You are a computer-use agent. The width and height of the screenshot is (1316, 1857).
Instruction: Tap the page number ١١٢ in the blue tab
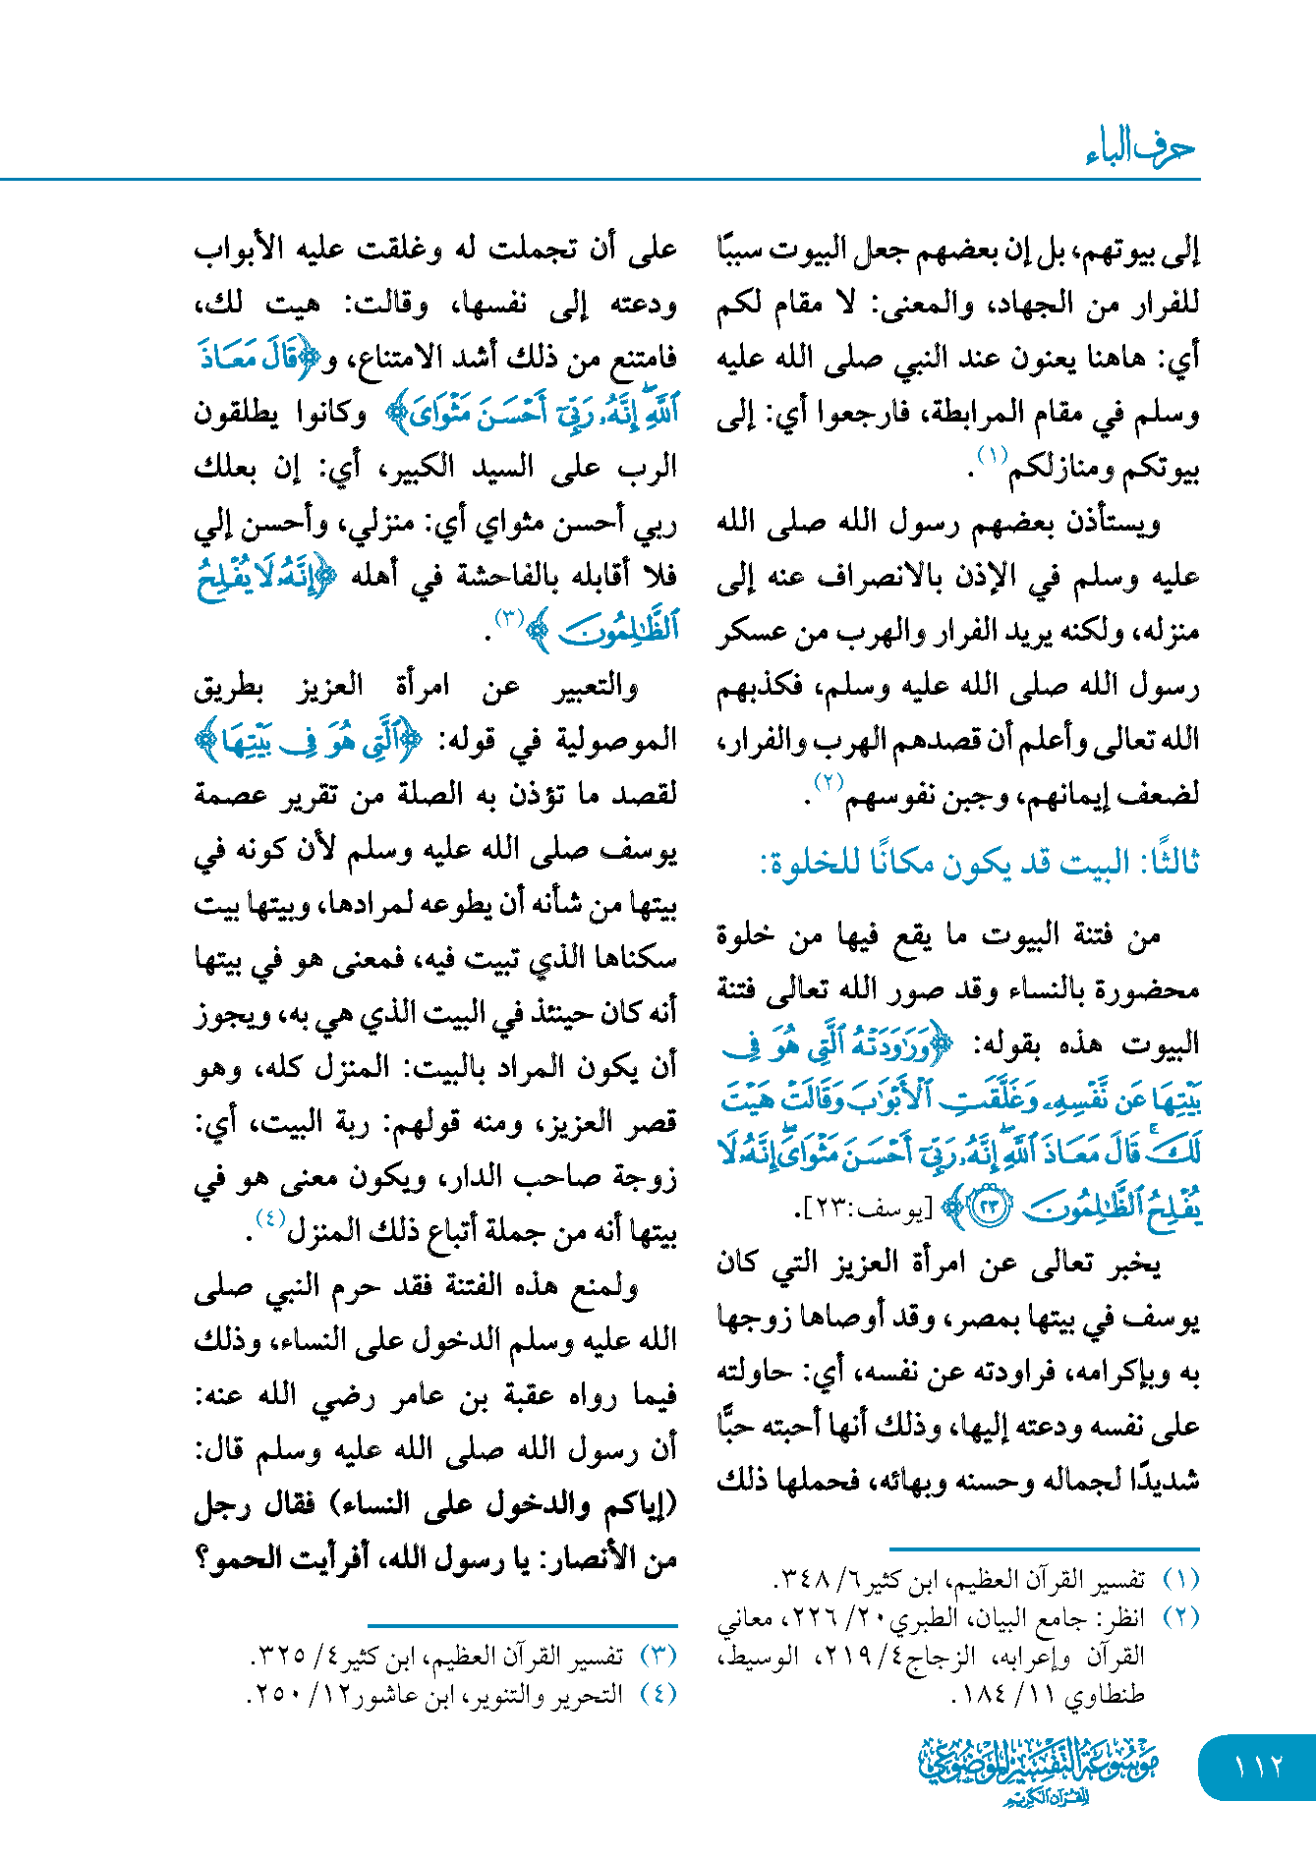pyautogui.click(x=1257, y=1767)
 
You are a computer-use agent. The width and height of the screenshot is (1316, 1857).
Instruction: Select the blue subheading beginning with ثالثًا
pyautogui.click(x=979, y=864)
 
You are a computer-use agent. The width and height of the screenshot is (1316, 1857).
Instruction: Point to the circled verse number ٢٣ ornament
pyautogui.click(x=989, y=1208)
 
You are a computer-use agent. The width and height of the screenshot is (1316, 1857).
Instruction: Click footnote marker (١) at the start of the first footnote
pyautogui.click(x=1180, y=1579)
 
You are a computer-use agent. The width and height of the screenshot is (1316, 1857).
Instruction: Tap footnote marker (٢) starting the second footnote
pyautogui.click(x=1180, y=1617)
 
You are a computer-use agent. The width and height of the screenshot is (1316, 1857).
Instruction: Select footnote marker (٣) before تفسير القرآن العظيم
pyautogui.click(x=658, y=1656)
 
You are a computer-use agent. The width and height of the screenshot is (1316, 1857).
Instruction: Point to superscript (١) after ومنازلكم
pyautogui.click(x=991, y=455)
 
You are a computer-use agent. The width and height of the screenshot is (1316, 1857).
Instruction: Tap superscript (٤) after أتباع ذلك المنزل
pyautogui.click(x=269, y=1218)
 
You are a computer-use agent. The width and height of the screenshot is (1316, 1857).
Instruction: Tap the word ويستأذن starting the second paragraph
pyautogui.click(x=1110, y=523)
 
